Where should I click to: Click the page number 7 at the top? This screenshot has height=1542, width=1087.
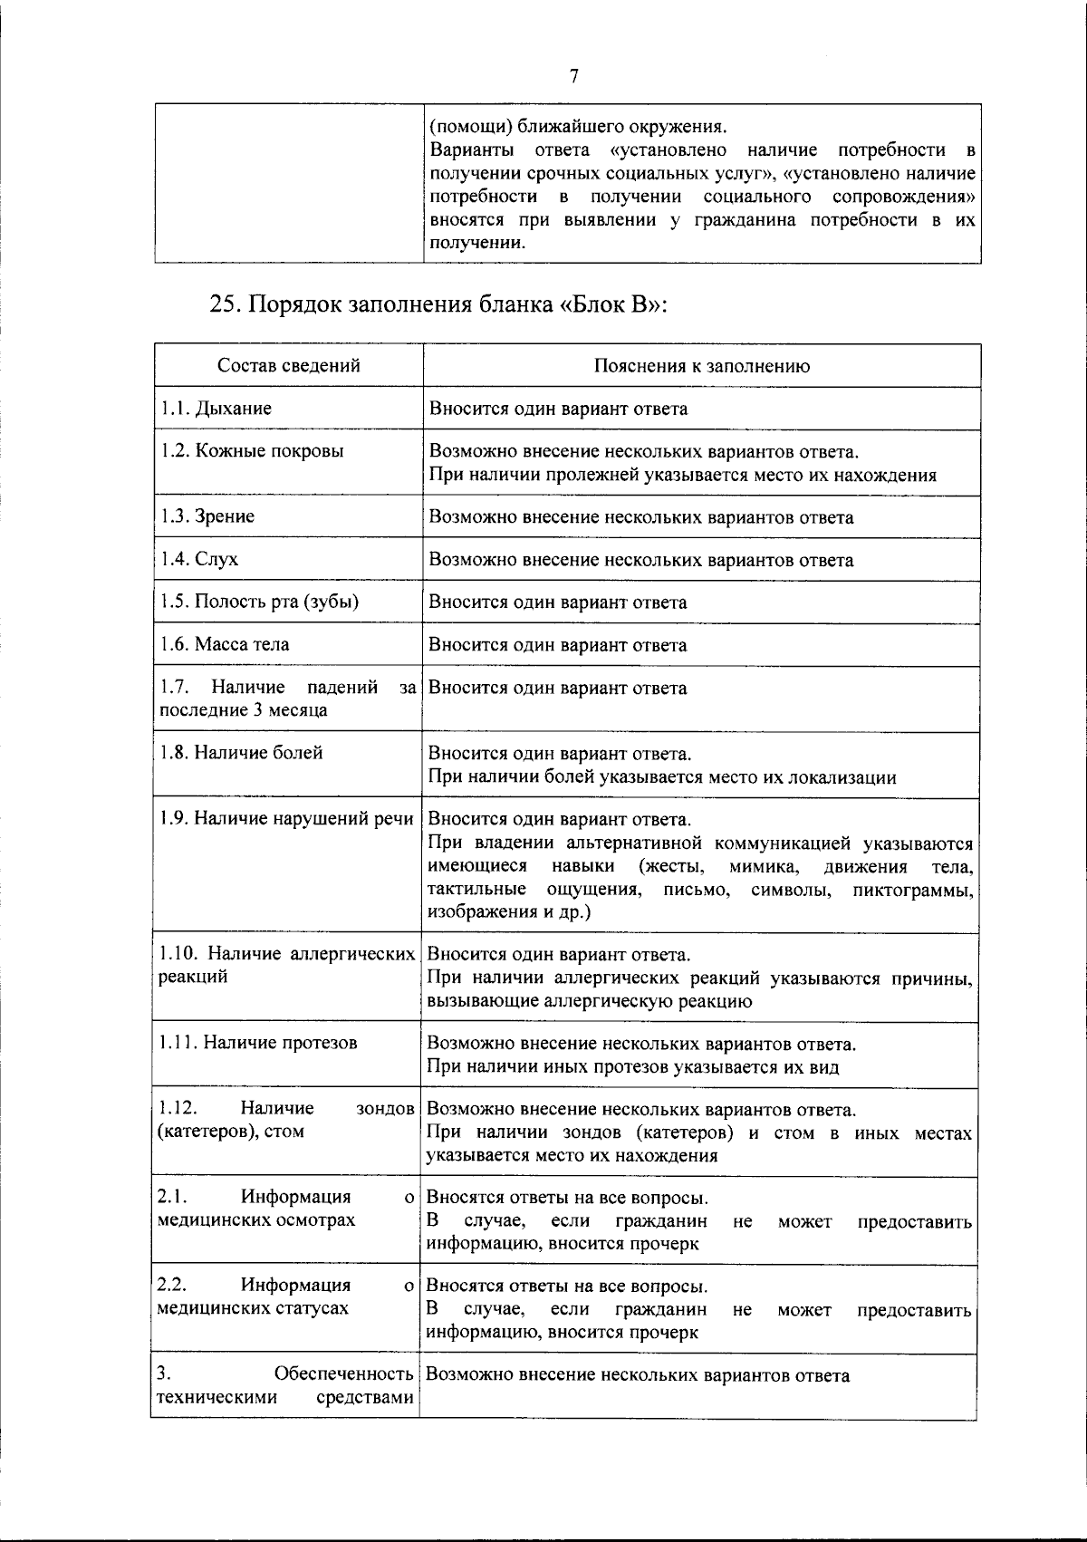[573, 77]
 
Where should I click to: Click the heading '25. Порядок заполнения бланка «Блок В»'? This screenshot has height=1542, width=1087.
[438, 304]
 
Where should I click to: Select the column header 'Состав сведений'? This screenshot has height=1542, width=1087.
[288, 366]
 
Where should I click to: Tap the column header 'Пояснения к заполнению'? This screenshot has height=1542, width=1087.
[701, 366]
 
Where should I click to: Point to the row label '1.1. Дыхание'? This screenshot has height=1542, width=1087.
[216, 409]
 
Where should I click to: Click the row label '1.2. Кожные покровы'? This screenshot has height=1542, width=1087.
[251, 451]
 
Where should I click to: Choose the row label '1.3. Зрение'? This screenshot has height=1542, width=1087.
[207, 516]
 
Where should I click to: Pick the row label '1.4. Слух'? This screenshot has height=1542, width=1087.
[198, 559]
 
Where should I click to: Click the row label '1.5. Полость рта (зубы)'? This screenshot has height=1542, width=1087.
[258, 602]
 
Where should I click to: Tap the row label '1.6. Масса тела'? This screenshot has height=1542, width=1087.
[224, 645]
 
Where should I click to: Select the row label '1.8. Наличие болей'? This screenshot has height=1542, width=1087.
[240, 753]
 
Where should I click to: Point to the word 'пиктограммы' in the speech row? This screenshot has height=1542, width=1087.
[912, 890]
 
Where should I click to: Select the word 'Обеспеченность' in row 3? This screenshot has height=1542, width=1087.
[344, 1374]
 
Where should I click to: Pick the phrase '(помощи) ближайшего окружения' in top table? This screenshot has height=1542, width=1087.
[577, 126]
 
